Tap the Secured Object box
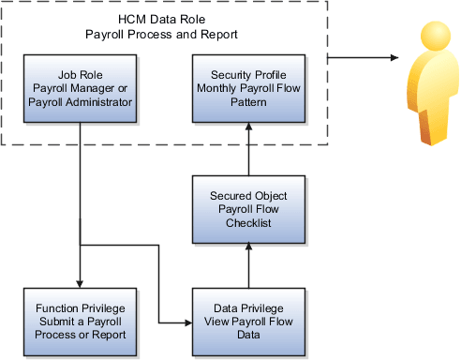tap(248, 207)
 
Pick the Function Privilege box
tap(80, 322)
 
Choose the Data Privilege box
tap(248, 322)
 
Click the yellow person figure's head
tap(432, 39)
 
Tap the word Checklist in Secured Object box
tap(248, 222)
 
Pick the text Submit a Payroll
tap(80, 322)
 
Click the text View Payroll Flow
tap(248, 322)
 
